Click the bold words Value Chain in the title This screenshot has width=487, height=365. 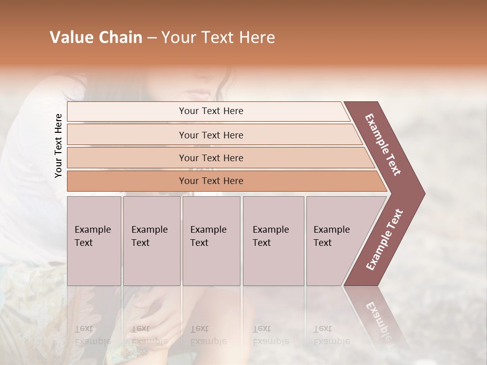(96, 38)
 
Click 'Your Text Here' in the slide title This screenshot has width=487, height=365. (218, 38)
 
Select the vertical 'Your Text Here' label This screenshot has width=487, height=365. (58, 145)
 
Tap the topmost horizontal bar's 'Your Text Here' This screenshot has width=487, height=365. (211, 111)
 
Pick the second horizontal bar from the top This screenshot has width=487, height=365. (211, 135)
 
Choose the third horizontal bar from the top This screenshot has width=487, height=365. (211, 158)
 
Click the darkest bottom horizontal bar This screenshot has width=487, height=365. (211, 181)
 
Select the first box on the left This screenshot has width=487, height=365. (94, 241)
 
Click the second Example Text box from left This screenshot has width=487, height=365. (151, 241)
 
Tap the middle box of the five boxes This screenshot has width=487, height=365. (211, 241)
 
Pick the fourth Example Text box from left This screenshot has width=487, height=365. (273, 241)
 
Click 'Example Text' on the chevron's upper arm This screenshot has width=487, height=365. (383, 144)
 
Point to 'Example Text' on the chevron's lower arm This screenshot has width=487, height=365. (385, 239)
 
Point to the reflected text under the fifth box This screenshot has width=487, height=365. (331, 335)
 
